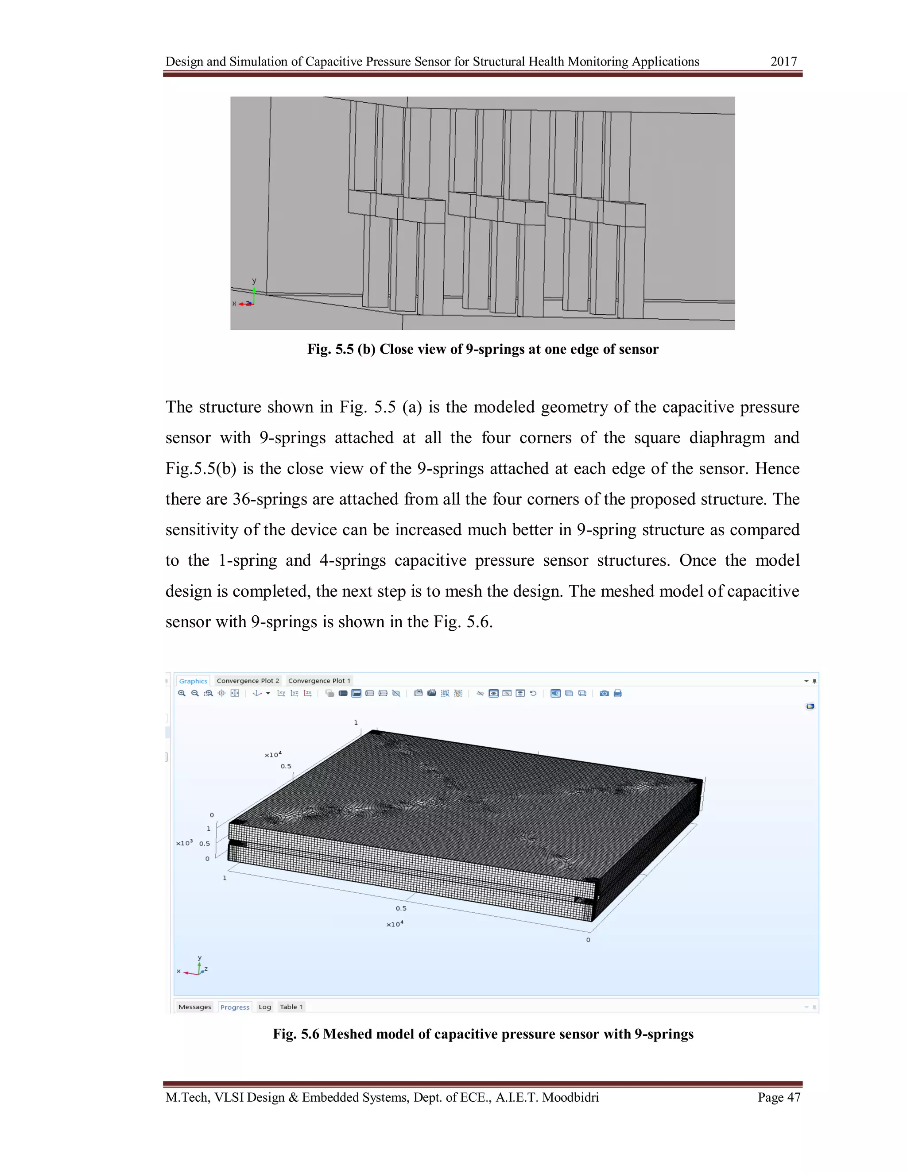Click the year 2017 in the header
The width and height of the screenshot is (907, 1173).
point(783,62)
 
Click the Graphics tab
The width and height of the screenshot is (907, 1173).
point(193,680)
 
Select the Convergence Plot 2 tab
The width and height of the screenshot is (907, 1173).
point(248,680)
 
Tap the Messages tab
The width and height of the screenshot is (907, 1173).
point(194,1007)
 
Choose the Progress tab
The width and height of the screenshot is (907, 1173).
point(235,1007)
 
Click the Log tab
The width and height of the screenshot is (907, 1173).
point(264,1007)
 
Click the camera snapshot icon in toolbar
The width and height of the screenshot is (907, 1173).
point(604,693)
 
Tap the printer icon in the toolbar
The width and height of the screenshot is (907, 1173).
point(617,693)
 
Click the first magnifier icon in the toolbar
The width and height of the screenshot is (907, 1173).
point(182,693)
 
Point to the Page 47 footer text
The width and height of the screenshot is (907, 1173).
point(779,1097)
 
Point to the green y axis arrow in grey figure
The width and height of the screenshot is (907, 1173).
point(254,293)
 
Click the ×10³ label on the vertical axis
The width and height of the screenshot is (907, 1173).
point(184,843)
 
